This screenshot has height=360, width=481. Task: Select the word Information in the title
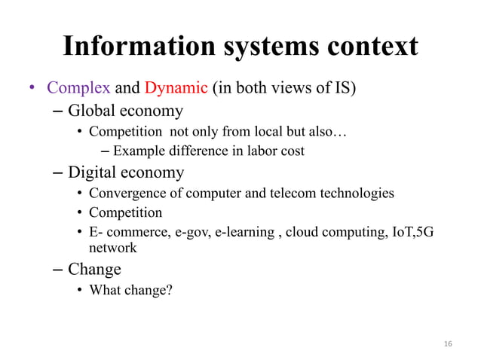(x=130, y=47)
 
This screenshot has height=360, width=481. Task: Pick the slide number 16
(x=448, y=343)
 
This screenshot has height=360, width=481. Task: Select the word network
(x=113, y=247)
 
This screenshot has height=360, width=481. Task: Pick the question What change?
(x=130, y=288)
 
